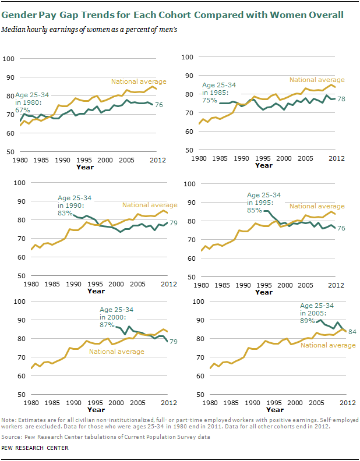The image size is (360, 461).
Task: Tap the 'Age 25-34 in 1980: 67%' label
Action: (32, 102)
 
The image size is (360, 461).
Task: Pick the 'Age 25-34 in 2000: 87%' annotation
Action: (114, 317)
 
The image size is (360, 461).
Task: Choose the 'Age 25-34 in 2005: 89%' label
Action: (317, 313)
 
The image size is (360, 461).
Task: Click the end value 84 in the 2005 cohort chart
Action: (352, 332)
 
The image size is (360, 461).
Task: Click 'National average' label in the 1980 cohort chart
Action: (139, 81)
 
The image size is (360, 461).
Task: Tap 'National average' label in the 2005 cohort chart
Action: (329, 345)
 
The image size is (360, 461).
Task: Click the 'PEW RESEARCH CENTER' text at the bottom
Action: (35, 448)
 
